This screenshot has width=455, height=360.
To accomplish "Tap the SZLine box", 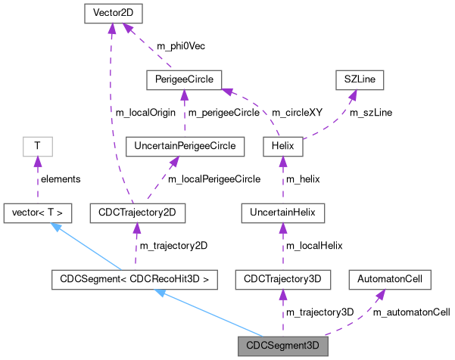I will pyautogui.click(x=361, y=79).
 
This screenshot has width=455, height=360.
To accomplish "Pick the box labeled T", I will pyautogui.click(x=37, y=146).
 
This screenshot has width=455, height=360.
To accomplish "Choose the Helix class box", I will pyautogui.click(x=282, y=146).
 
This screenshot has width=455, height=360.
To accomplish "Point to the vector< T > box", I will pyautogui.click(x=37, y=213).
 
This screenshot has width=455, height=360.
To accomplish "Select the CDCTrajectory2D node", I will pyautogui.click(x=136, y=213).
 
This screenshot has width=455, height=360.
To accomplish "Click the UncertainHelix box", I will pyautogui.click(x=282, y=213).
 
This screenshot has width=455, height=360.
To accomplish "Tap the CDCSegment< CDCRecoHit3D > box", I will pyautogui.click(x=135, y=279).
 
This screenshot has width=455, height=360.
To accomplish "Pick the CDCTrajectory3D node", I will pyautogui.click(x=282, y=279).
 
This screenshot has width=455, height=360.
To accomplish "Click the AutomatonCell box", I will pyautogui.click(x=389, y=279).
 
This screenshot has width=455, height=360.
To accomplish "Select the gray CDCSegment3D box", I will pyautogui.click(x=282, y=347).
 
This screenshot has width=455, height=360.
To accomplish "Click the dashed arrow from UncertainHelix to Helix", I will pyautogui.click(x=282, y=179).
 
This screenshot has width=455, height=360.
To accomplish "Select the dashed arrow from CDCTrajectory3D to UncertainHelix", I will pyautogui.click(x=282, y=246).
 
